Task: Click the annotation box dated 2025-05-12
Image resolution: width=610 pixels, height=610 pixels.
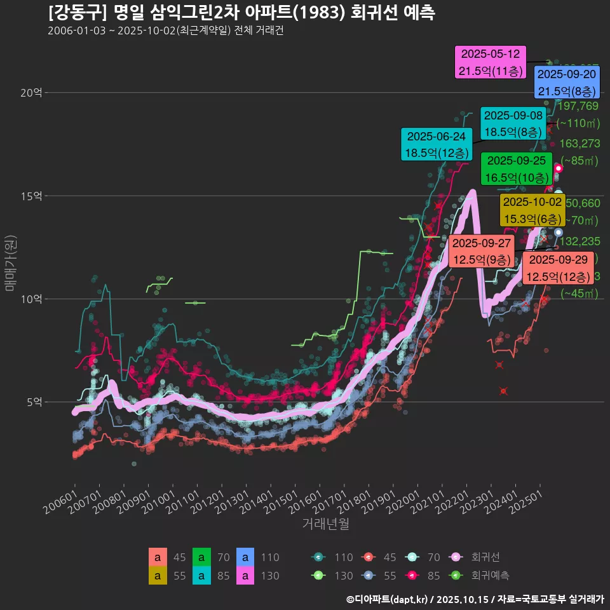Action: pos(490,62)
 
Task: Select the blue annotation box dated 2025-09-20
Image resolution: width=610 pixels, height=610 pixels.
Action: pos(566,83)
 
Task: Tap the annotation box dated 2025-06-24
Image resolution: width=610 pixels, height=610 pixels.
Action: pos(436,145)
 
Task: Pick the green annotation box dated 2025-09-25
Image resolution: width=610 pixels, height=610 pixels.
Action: pos(516,169)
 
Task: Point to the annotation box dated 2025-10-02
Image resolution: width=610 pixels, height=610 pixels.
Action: pos(532,210)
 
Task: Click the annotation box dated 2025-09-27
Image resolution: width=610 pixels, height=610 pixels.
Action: pos(481,252)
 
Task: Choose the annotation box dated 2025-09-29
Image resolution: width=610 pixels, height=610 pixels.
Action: pos(559,268)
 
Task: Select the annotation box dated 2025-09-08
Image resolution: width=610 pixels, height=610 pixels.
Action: pos(513,123)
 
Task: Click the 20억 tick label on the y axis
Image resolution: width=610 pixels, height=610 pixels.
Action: pos(31,93)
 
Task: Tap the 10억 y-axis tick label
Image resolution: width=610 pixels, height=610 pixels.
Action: pos(31,299)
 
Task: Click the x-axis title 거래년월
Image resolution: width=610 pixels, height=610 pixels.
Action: pos(325,524)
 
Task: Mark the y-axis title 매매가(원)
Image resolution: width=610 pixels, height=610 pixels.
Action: pos(10,264)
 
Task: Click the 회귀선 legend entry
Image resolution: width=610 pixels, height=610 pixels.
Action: pos(485,557)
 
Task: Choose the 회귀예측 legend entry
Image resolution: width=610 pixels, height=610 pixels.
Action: pos(490,576)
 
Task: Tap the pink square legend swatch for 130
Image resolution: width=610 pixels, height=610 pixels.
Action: pos(245,576)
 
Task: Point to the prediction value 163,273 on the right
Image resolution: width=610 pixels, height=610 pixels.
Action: pos(579,144)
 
